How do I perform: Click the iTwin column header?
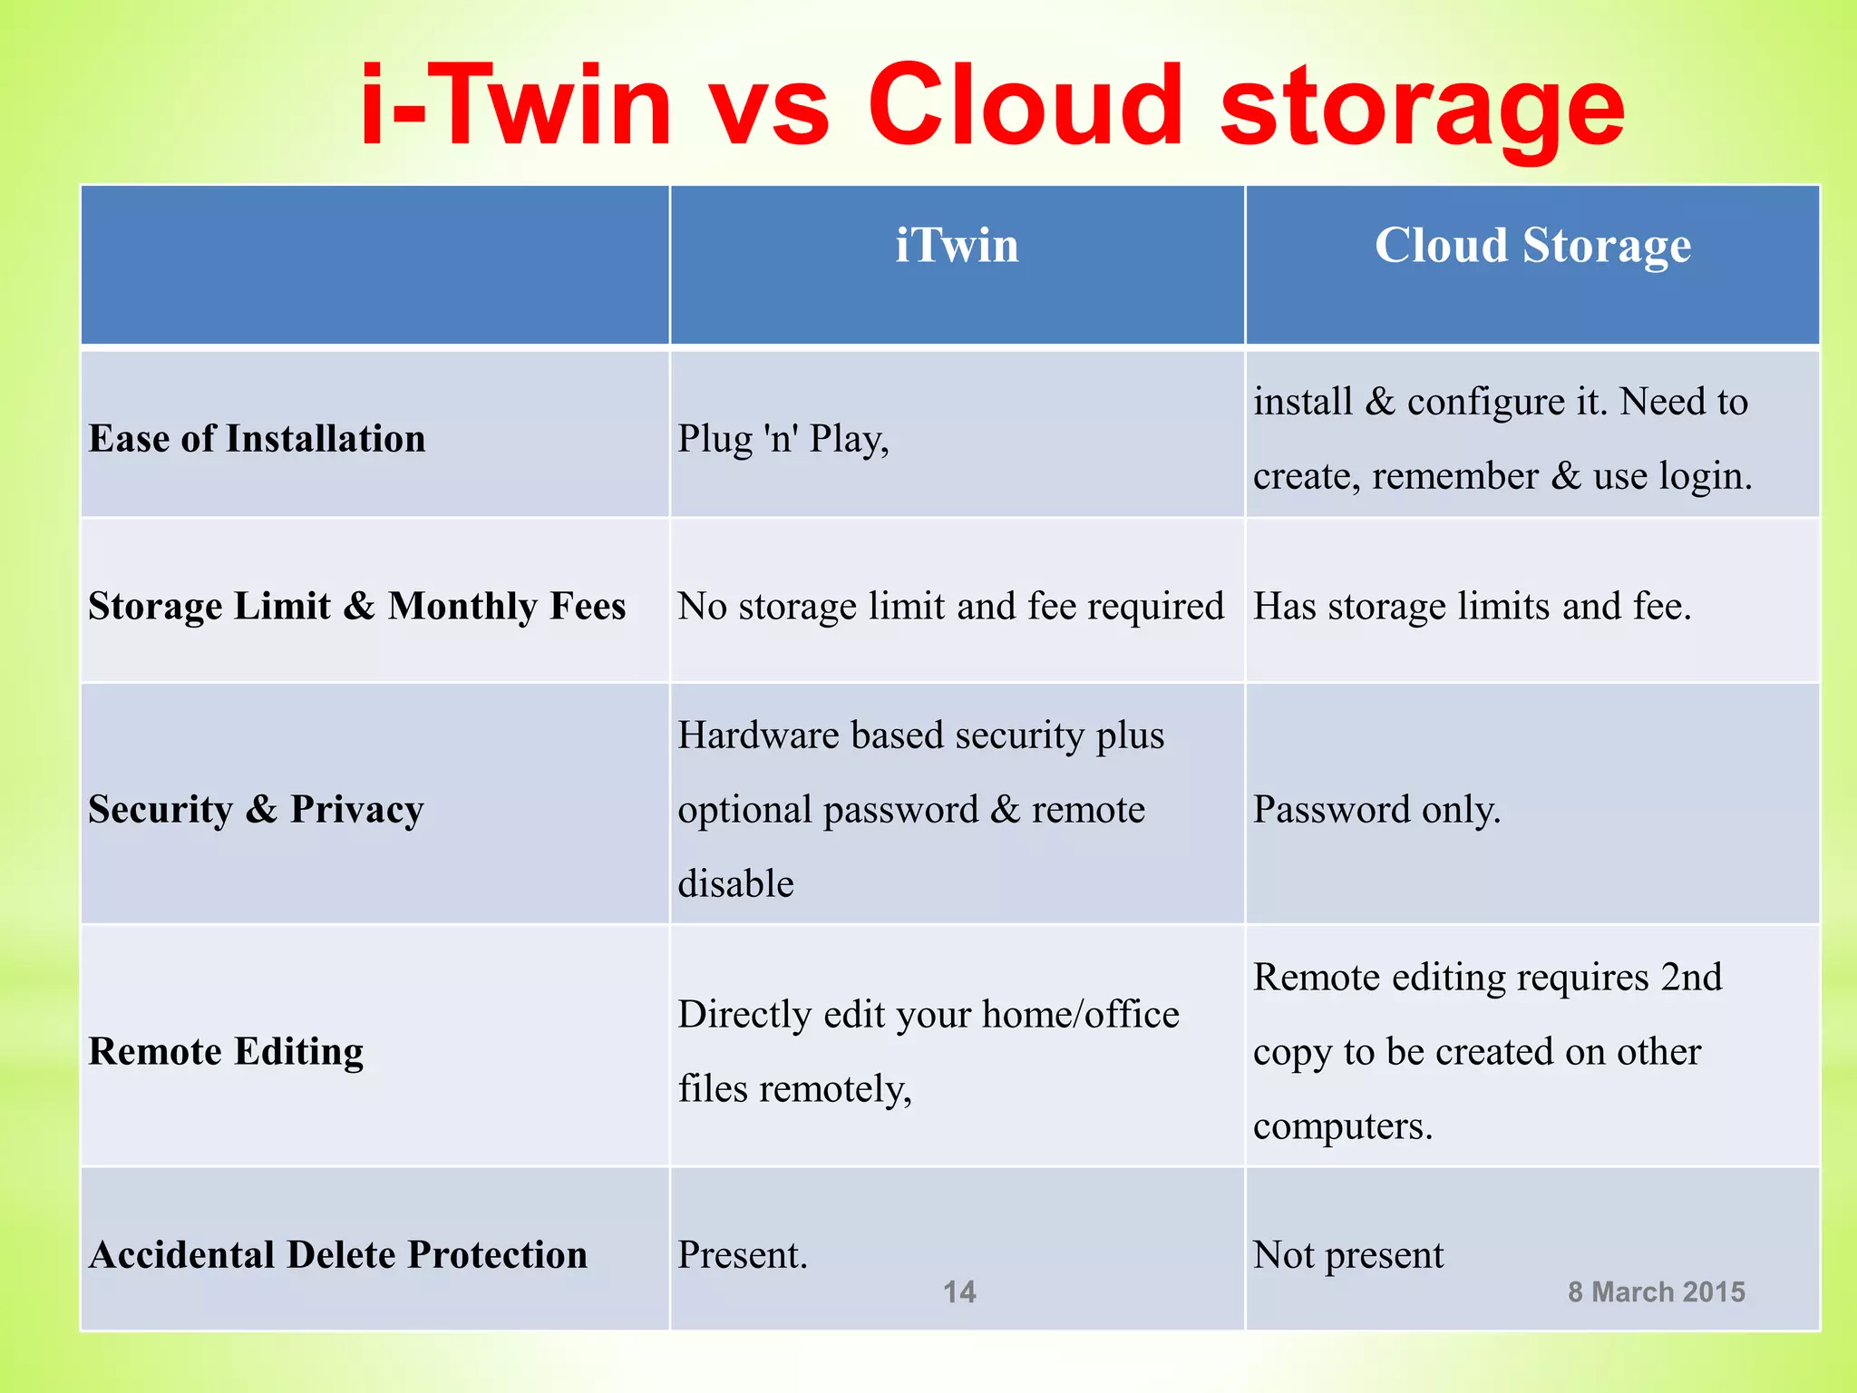(957, 247)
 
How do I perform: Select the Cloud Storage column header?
(1532, 247)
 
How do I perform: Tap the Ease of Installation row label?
(257, 439)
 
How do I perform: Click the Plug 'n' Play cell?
(783, 440)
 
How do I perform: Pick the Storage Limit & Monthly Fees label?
(356, 606)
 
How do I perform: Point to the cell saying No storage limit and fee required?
(950, 606)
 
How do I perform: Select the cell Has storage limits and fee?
(1472, 606)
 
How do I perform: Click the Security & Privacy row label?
(256, 809)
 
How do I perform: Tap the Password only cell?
(1376, 809)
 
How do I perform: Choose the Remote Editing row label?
(226, 1051)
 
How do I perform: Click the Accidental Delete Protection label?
(337, 1255)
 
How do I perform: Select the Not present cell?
(1348, 1255)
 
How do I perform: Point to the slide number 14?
(959, 1291)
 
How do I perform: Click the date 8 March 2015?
(1656, 1291)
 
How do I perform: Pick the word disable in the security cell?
(735, 883)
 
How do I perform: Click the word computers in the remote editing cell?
(1342, 1126)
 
